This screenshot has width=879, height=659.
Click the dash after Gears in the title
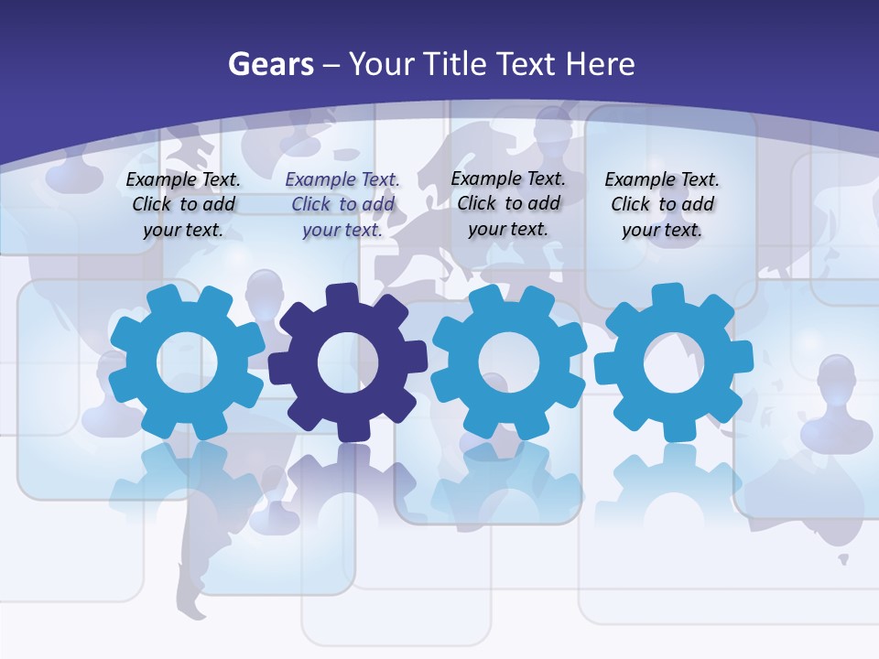point(331,65)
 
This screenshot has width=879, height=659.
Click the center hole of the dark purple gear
point(348,362)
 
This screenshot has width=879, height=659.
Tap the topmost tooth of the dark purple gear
point(342,295)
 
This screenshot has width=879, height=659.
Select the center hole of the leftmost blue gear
point(187,362)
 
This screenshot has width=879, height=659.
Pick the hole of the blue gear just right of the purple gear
point(509,362)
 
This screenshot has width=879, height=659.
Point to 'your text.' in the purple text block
point(342,230)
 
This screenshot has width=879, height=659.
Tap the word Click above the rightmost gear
point(631,204)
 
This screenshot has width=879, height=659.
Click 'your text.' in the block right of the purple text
point(507,229)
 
